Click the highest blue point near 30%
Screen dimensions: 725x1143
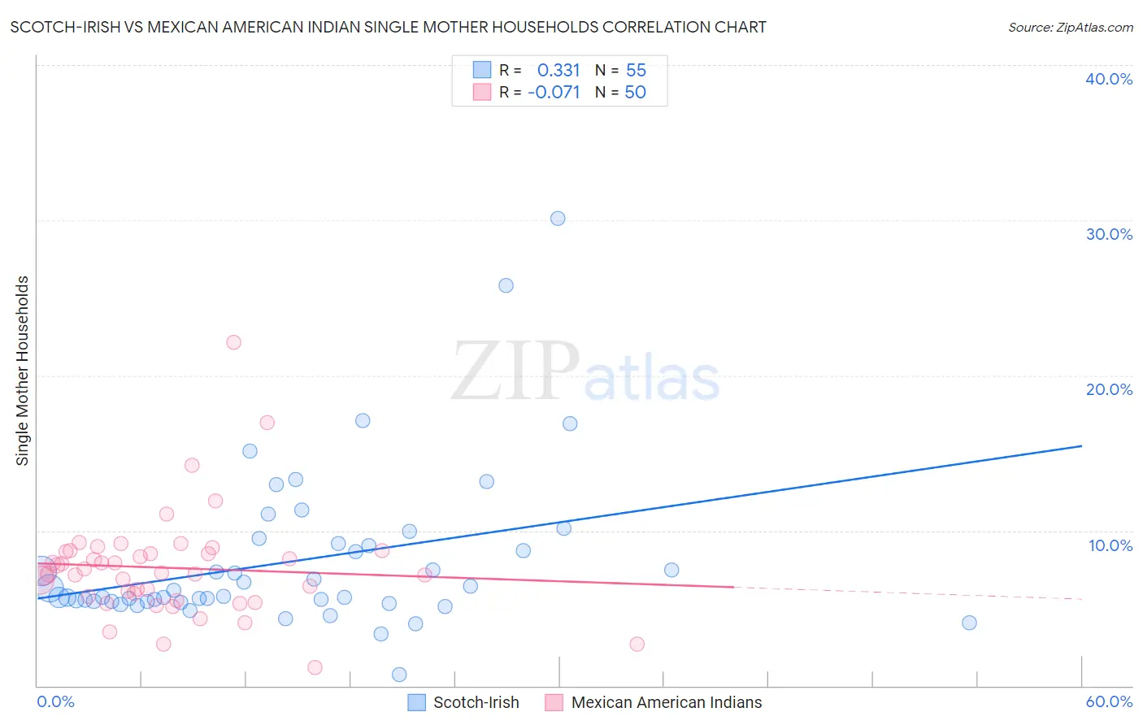558,219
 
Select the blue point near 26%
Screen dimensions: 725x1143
506,285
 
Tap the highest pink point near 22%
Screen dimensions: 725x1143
233,342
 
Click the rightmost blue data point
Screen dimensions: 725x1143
969,623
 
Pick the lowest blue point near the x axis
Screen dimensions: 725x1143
399,675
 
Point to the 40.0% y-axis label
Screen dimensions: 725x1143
1109,79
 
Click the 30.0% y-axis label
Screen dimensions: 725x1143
1109,234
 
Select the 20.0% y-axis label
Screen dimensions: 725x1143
1109,389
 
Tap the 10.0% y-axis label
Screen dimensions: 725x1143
1109,545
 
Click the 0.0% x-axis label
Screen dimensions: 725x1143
55,701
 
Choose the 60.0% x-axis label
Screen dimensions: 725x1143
1109,701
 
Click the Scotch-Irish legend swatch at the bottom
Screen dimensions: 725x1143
417,702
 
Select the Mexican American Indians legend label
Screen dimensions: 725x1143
667,702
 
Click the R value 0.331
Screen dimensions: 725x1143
558,71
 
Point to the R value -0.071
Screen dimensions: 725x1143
554,93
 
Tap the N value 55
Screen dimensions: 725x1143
636,71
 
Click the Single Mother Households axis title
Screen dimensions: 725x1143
23,371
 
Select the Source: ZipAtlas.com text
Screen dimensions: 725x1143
1070,28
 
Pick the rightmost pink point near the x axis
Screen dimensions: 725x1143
637,644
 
